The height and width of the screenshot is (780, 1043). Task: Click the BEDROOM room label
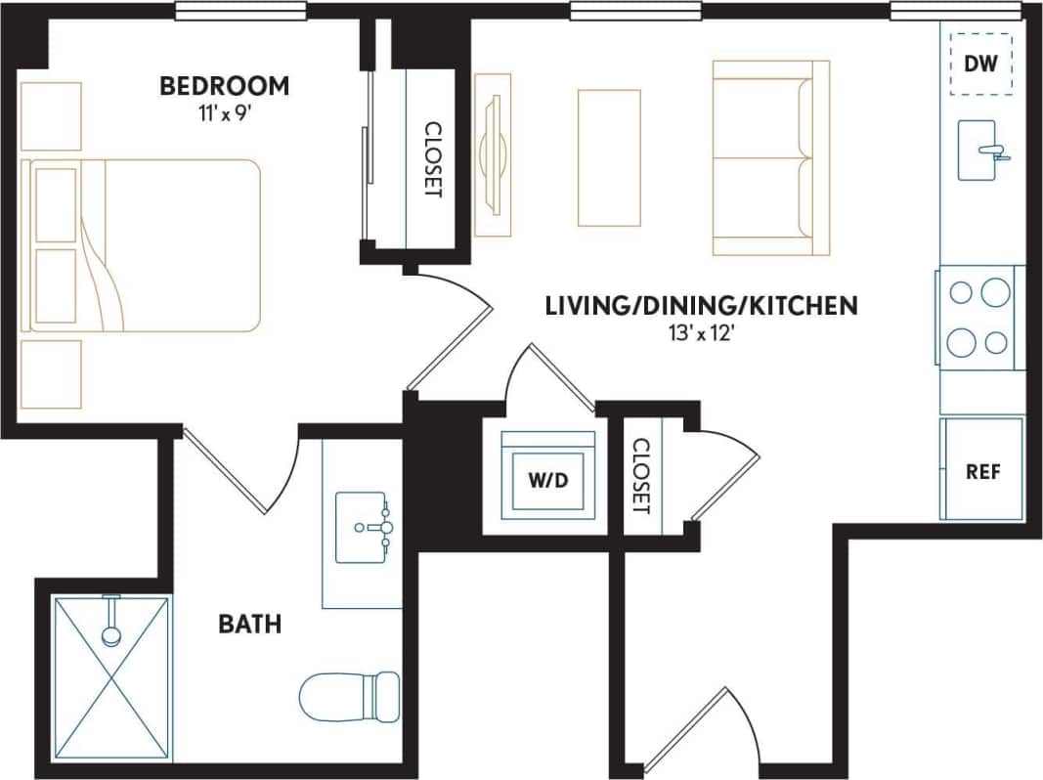(225, 86)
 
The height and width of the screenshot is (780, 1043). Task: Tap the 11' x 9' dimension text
(225, 111)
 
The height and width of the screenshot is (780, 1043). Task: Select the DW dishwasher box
(980, 65)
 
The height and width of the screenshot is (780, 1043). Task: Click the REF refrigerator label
(982, 471)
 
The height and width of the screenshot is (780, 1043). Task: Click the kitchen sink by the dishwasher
(978, 151)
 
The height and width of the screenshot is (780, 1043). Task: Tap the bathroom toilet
(349, 696)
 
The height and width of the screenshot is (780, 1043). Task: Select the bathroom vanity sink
(363, 528)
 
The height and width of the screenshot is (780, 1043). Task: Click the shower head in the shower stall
(111, 634)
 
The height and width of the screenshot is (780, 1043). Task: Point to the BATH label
(249, 623)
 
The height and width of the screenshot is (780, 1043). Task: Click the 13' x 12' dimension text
(700, 332)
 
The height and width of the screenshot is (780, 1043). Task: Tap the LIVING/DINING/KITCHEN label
(701, 306)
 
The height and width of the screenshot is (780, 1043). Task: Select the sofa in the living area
(769, 158)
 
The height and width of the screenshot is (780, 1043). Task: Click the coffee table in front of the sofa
(608, 158)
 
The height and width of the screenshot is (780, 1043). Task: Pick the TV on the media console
(494, 154)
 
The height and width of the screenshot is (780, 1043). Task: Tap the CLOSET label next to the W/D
(641, 476)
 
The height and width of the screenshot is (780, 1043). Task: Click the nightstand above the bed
(51, 116)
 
